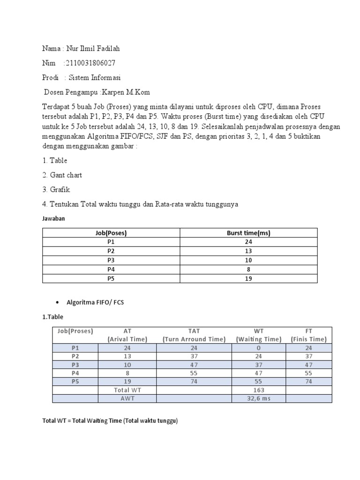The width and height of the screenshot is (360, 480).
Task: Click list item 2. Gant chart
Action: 62,175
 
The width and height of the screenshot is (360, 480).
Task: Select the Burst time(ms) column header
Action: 248,233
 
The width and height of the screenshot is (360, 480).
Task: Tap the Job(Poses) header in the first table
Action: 111,233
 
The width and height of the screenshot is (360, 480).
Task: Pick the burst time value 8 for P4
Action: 248,270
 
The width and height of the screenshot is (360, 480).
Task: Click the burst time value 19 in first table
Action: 248,278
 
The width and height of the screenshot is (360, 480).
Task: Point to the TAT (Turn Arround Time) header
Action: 194,335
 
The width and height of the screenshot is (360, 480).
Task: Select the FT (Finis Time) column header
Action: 309,335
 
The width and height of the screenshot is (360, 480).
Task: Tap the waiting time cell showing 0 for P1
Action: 259,347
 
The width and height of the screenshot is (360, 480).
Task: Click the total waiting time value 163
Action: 259,390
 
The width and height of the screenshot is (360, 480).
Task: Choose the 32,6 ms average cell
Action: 259,398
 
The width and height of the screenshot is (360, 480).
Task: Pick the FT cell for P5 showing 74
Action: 309,382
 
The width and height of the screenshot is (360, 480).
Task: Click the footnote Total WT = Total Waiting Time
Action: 110,421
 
